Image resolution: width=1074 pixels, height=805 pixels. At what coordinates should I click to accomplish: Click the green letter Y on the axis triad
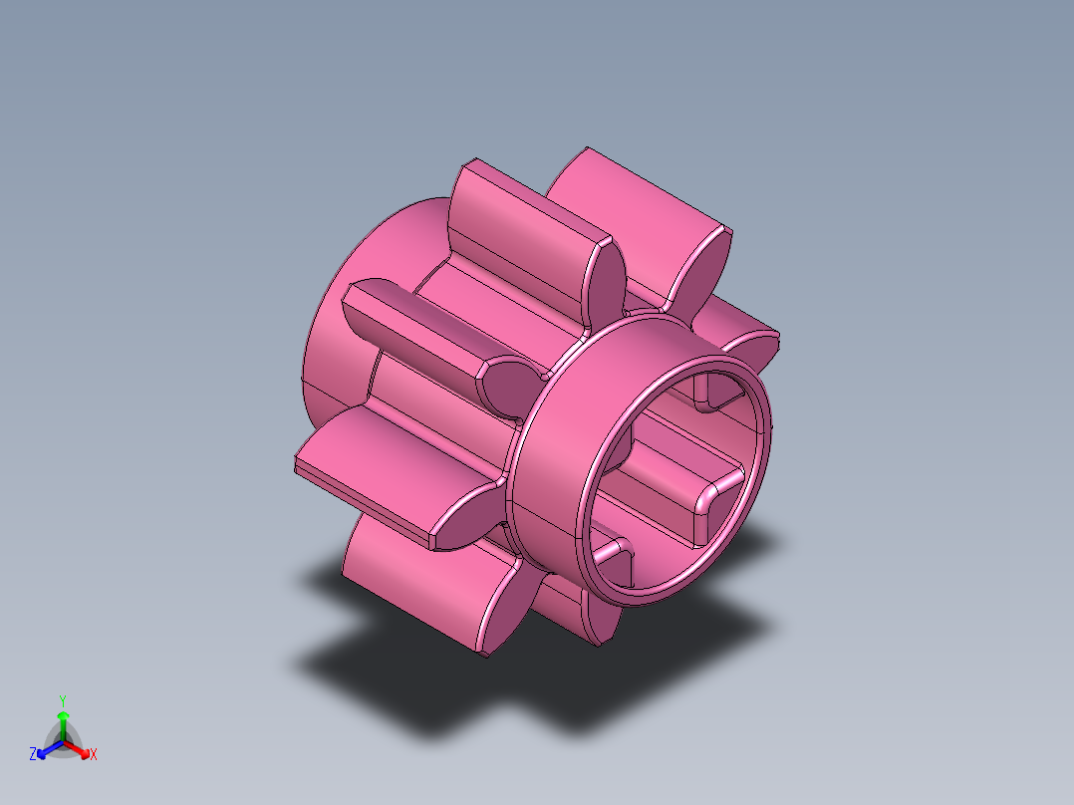pos(63,700)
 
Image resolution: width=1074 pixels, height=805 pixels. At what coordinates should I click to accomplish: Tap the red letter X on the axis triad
pos(94,755)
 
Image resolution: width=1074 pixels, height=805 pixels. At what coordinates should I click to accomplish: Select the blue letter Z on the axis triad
pos(33,755)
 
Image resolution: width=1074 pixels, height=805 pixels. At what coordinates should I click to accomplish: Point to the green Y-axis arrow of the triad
pos(63,722)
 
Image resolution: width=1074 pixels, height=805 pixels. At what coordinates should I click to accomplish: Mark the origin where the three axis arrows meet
pos(63,742)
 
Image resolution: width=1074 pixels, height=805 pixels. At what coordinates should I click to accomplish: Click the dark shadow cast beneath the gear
pos(418,687)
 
